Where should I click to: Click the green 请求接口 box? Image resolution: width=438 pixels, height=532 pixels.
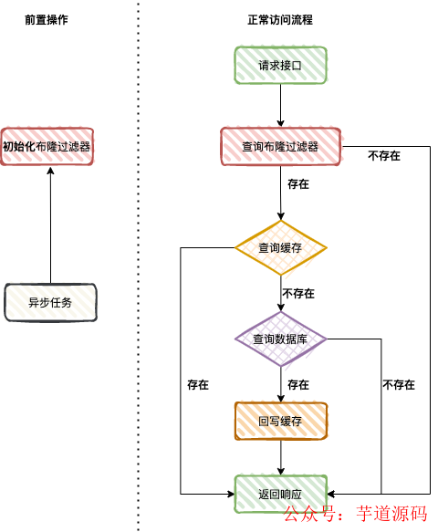click(x=280, y=65)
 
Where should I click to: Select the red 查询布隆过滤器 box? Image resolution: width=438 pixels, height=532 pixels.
click(x=280, y=146)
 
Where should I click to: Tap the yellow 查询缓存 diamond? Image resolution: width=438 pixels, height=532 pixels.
click(x=280, y=247)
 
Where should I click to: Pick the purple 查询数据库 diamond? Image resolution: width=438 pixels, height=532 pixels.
click(x=280, y=339)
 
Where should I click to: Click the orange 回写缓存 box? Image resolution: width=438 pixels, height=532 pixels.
click(x=280, y=421)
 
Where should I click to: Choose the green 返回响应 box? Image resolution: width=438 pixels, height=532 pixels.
click(x=280, y=493)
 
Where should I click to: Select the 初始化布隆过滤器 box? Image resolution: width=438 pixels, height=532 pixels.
click(x=48, y=146)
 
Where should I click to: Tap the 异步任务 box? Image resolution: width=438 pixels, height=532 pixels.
click(x=50, y=302)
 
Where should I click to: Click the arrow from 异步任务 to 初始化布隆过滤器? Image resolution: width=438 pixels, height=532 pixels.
click(x=50, y=224)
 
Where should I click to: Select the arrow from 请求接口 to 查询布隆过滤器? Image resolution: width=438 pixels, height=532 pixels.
click(x=280, y=106)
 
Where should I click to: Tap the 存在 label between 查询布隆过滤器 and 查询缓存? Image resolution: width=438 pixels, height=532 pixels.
click(x=297, y=183)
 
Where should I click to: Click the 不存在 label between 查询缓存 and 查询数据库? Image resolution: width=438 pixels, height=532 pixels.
click(x=297, y=293)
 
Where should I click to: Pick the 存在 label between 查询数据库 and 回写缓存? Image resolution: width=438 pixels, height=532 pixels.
click(x=297, y=384)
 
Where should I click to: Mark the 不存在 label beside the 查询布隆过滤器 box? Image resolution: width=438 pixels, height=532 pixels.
click(x=384, y=156)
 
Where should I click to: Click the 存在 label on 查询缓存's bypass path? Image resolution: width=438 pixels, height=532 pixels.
click(x=197, y=384)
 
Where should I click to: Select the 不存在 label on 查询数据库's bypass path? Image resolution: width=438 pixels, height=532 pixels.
click(x=399, y=384)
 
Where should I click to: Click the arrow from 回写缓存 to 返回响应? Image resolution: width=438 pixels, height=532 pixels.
click(x=280, y=457)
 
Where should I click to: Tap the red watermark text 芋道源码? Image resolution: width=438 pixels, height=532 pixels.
click(x=391, y=513)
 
